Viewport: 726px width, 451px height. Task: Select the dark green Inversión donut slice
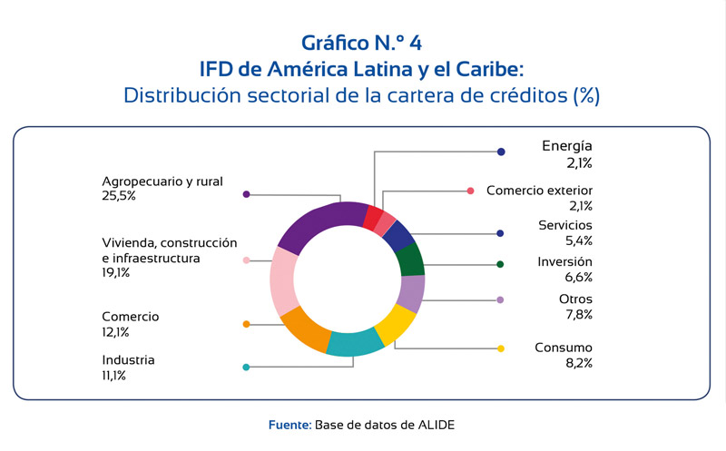[x=410, y=260]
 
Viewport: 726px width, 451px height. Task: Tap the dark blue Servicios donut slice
[x=397, y=234]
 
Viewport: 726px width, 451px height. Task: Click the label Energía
[x=566, y=146]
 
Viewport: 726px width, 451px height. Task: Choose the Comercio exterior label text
[x=539, y=191]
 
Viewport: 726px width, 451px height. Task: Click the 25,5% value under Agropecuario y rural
[x=120, y=195]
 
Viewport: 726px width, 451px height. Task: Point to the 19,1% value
[x=117, y=272]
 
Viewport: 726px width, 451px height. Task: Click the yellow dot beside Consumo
[x=500, y=348]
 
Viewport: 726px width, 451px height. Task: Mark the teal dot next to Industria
[x=246, y=368]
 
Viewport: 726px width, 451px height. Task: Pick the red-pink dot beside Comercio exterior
[x=470, y=191]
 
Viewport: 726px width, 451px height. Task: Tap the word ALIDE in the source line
[x=438, y=425]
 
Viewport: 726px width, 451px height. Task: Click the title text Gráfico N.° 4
[x=362, y=42]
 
